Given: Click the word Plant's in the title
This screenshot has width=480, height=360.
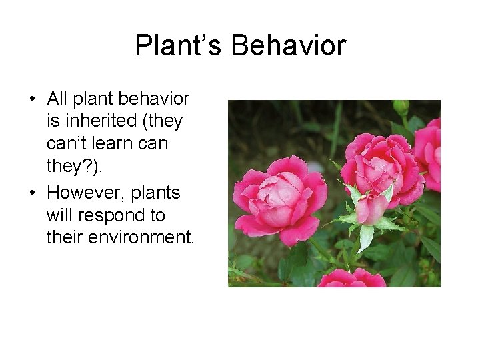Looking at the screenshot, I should (x=179, y=46).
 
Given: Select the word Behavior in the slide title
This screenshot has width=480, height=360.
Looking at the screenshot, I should (x=289, y=46).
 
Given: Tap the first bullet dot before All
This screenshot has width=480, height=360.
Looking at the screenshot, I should (x=32, y=99).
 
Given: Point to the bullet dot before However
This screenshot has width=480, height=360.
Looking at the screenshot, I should (x=32, y=193).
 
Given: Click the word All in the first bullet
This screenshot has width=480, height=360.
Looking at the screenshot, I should (x=57, y=99).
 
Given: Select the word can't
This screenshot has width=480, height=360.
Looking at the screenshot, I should (x=68, y=143).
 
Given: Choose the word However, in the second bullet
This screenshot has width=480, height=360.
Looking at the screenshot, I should (x=85, y=193).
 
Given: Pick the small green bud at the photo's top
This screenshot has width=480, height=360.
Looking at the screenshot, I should (x=400, y=107).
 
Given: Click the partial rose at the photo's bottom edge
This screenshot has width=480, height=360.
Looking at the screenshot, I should (x=351, y=279).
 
